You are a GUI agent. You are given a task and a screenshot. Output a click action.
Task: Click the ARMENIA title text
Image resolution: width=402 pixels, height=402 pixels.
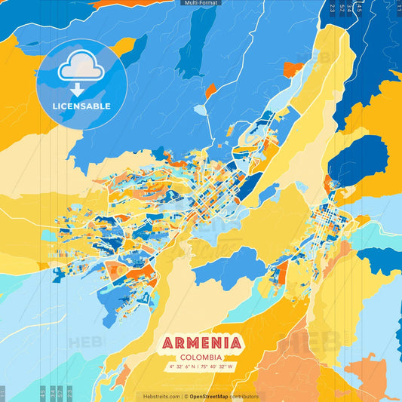[x=201, y=344]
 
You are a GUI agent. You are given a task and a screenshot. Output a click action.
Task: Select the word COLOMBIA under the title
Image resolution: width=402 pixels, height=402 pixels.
[x=201, y=358]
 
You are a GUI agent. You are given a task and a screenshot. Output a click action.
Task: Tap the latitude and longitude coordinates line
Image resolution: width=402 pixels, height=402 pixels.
[x=201, y=367]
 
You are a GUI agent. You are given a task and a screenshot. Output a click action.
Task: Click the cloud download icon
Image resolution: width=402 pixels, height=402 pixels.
[x=81, y=69]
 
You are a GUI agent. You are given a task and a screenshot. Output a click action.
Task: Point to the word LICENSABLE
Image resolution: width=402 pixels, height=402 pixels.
[x=81, y=106]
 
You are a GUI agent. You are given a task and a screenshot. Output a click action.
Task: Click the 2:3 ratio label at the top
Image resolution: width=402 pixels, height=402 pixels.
[x=333, y=8]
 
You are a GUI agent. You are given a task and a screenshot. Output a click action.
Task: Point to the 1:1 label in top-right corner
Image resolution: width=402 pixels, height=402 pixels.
[x=397, y=8]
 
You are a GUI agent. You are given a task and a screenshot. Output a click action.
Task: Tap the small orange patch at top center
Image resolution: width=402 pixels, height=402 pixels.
[x=210, y=91]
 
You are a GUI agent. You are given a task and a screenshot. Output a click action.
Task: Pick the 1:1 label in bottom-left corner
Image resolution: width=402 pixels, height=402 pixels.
[x=4, y=394]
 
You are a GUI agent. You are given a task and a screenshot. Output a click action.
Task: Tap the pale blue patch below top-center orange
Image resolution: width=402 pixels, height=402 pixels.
[x=199, y=109]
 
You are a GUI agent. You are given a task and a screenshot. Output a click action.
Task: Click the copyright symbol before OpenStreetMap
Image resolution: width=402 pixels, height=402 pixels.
[x=186, y=396]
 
